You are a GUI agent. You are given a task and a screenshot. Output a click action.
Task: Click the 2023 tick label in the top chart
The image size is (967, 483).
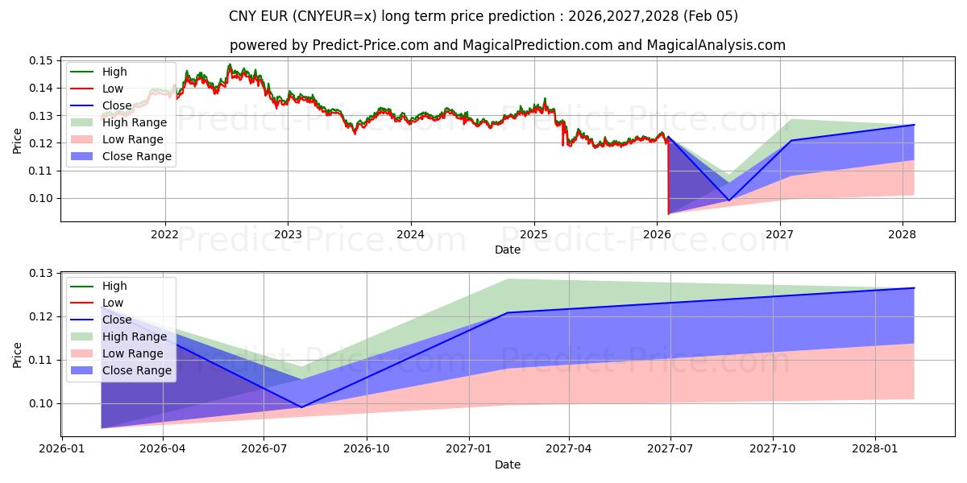[288, 234]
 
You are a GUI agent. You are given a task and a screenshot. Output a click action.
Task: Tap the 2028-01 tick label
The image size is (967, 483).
[875, 448]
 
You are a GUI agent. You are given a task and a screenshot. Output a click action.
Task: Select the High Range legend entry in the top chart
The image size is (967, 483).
[134, 122]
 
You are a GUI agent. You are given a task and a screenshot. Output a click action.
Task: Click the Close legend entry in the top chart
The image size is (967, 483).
[117, 105]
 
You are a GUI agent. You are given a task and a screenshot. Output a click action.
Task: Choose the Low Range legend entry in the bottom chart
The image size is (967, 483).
[132, 353]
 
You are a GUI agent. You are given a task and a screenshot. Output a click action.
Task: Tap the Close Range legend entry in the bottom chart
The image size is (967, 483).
[136, 370]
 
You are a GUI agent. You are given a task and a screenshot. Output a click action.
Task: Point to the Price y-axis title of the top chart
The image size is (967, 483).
[18, 141]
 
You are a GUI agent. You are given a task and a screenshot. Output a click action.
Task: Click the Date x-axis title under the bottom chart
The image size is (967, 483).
[508, 464]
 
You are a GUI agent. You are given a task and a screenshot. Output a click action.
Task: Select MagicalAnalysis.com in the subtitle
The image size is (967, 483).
[719, 45]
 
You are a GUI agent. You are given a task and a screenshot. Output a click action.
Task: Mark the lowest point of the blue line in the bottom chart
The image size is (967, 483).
[302, 407]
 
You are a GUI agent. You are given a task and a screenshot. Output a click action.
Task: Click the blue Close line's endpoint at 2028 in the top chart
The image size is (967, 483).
[914, 125]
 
